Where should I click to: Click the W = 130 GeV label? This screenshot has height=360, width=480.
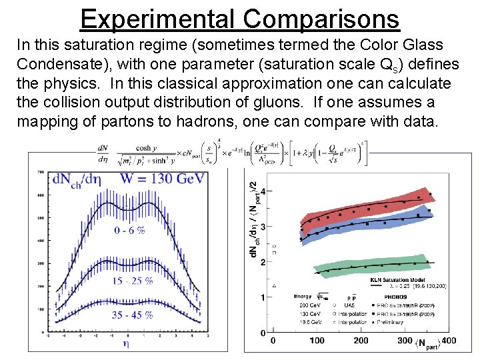pyautogui.click(x=163, y=178)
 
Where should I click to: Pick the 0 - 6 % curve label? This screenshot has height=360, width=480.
pyautogui.click(x=130, y=230)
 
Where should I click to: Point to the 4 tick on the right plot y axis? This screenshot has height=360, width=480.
pyautogui.click(x=262, y=192)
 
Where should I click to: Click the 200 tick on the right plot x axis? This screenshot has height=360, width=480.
pyautogui.click(x=361, y=341)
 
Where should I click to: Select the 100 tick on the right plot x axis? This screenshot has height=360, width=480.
pyautogui.click(x=317, y=341)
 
